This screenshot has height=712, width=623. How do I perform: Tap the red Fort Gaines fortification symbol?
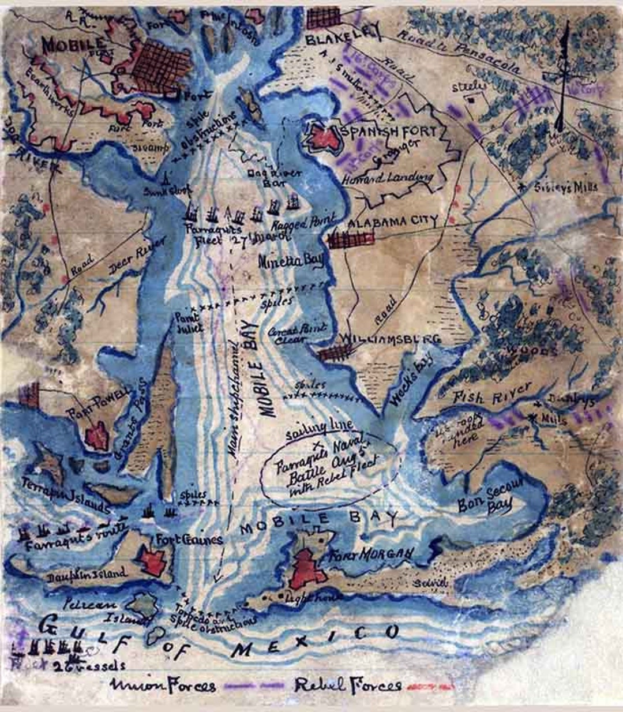coord(154,559)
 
